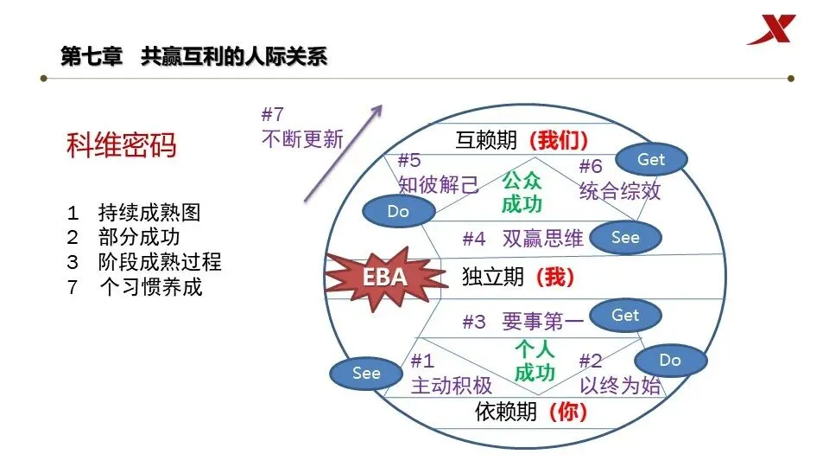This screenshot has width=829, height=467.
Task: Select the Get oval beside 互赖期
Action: click(x=651, y=159)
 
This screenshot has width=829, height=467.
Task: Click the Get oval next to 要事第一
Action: click(x=625, y=316)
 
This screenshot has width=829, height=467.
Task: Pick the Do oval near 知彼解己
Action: click(x=398, y=211)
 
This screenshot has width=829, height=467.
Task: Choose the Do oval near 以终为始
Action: click(x=670, y=360)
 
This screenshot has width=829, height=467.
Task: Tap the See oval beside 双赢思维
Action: click(x=625, y=237)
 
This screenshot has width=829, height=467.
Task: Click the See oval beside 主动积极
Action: click(x=366, y=373)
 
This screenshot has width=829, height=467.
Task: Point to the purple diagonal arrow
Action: click(x=342, y=153)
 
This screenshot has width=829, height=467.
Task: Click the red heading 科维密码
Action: click(x=121, y=145)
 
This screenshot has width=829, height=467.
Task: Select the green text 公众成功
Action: click(x=522, y=193)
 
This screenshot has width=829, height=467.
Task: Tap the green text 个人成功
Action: click(x=535, y=361)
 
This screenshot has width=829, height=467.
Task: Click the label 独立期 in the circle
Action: click(x=493, y=277)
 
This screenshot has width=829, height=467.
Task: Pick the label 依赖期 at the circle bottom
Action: click(x=506, y=412)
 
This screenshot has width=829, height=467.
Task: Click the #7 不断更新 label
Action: click(x=301, y=127)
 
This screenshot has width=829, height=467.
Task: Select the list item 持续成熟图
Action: click(x=149, y=213)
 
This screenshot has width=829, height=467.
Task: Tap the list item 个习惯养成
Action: click(x=150, y=286)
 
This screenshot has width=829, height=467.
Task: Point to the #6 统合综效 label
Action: click(x=619, y=180)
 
